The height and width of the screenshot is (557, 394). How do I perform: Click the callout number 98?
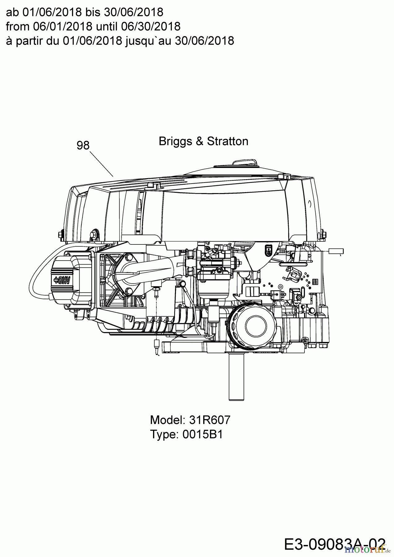click(83, 145)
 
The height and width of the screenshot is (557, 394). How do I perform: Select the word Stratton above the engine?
click(228, 141)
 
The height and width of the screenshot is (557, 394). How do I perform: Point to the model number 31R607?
click(210, 420)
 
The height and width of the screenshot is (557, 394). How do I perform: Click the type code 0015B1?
click(203, 434)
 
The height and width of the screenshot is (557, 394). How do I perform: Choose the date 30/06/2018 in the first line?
click(137, 12)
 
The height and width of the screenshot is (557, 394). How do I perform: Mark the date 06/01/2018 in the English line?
click(63, 26)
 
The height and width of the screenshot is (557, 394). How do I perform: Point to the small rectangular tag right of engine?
click(336, 251)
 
